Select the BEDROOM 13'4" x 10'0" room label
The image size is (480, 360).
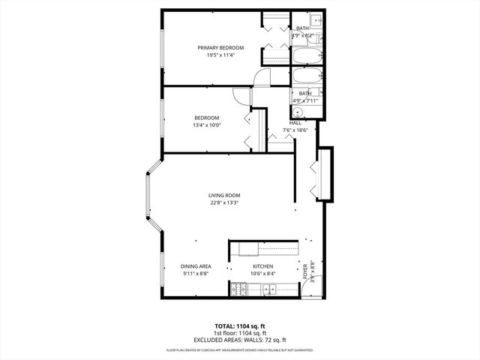click(206, 121)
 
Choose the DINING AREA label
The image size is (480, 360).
click(195, 266)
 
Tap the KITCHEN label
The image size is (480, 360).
click(262, 266)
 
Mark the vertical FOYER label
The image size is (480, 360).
click(305, 269)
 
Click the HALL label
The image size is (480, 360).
click(295, 123)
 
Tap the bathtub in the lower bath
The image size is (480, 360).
click(305, 76)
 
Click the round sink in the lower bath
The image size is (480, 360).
click(297, 111)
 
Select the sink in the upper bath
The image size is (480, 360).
click(316, 19)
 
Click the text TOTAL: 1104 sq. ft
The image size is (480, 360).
click(240, 327)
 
